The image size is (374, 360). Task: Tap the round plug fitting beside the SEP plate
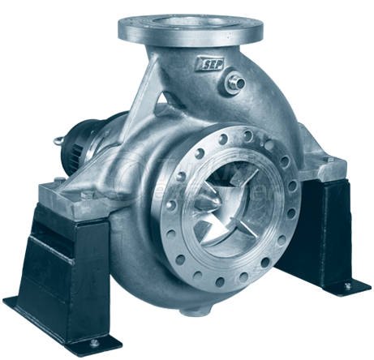point(237,80)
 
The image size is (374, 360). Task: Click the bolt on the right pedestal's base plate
point(347,285)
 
